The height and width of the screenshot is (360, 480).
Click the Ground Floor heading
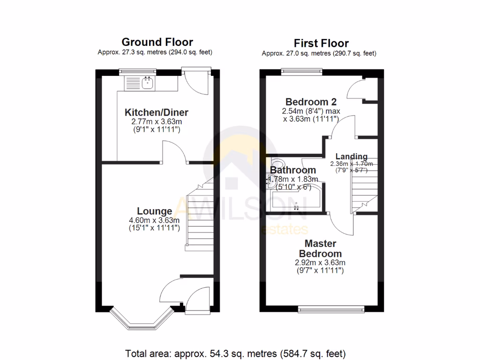click(x=157, y=42)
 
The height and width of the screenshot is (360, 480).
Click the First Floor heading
click(x=321, y=43)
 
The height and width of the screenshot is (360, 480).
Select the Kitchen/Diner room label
click(x=156, y=112)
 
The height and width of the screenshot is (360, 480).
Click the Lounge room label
click(x=154, y=211)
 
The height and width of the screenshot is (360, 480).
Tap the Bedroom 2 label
click(x=311, y=102)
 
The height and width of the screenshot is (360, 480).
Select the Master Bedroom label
click(x=320, y=248)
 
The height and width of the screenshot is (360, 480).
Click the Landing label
click(x=352, y=157)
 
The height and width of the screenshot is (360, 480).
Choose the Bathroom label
click(x=293, y=170)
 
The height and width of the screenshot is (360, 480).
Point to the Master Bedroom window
click(x=331, y=308)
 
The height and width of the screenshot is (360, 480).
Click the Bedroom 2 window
click(x=301, y=71)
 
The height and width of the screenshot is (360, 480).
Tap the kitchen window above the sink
click(x=137, y=71)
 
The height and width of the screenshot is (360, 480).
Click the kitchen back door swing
click(x=195, y=84)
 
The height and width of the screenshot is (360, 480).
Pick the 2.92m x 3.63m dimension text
click(x=320, y=262)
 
